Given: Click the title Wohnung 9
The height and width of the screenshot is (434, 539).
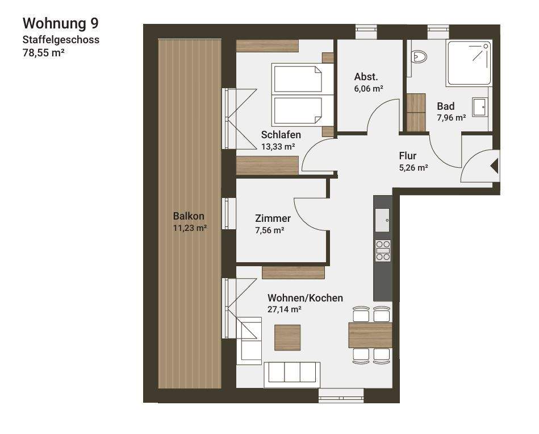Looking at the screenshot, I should tap(60, 23).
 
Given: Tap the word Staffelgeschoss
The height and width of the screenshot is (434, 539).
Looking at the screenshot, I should tap(61, 40).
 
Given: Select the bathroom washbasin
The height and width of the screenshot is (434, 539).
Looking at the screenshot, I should tap(480, 106).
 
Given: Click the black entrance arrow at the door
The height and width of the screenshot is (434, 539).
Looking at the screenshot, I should tap(494, 166).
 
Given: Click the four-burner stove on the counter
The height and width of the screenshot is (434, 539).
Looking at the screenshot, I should tap(383, 250).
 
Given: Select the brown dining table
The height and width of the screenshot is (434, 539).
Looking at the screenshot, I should tap(370, 335).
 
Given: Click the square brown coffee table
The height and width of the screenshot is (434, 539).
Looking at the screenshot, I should tap(287, 337).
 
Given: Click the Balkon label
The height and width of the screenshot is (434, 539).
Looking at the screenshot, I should tap(189, 216).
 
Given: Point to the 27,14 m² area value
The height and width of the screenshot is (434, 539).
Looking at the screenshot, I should tap(284, 310).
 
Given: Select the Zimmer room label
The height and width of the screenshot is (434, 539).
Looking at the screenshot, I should tap(273, 218).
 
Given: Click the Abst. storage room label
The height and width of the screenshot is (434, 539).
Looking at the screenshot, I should tap(366, 77).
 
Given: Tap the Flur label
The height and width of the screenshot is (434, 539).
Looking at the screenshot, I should tap(408, 155).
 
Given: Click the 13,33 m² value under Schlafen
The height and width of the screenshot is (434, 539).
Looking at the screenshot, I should tap(278, 147).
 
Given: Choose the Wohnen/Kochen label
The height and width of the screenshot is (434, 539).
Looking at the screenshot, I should tap(305, 298).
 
